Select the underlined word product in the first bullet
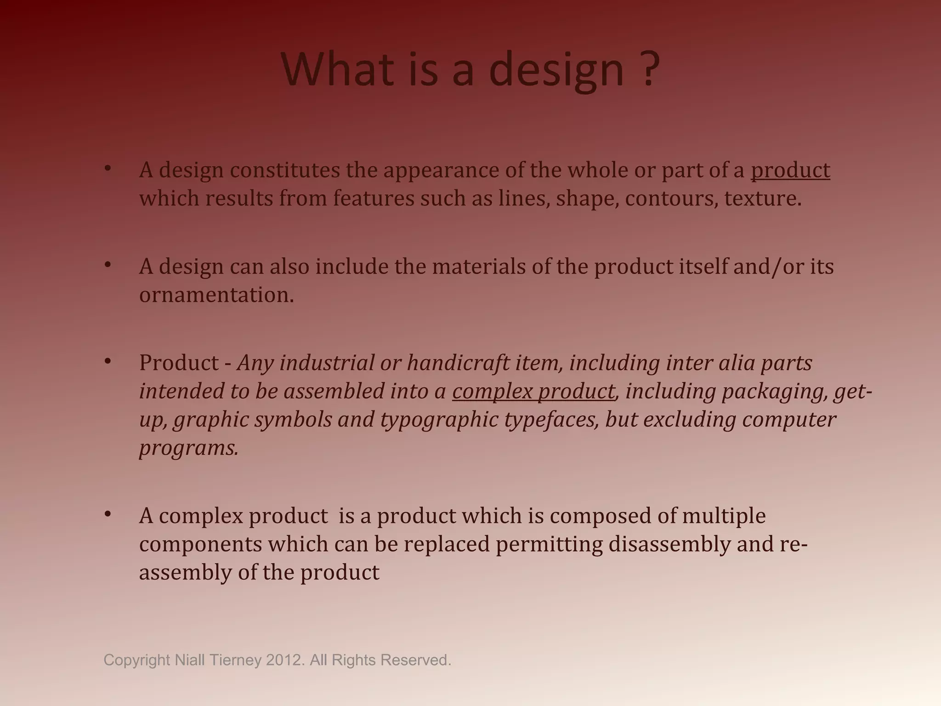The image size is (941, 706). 790,170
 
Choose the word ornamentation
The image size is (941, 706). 216,295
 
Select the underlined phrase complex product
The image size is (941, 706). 533,392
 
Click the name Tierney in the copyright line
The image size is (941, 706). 235,660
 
